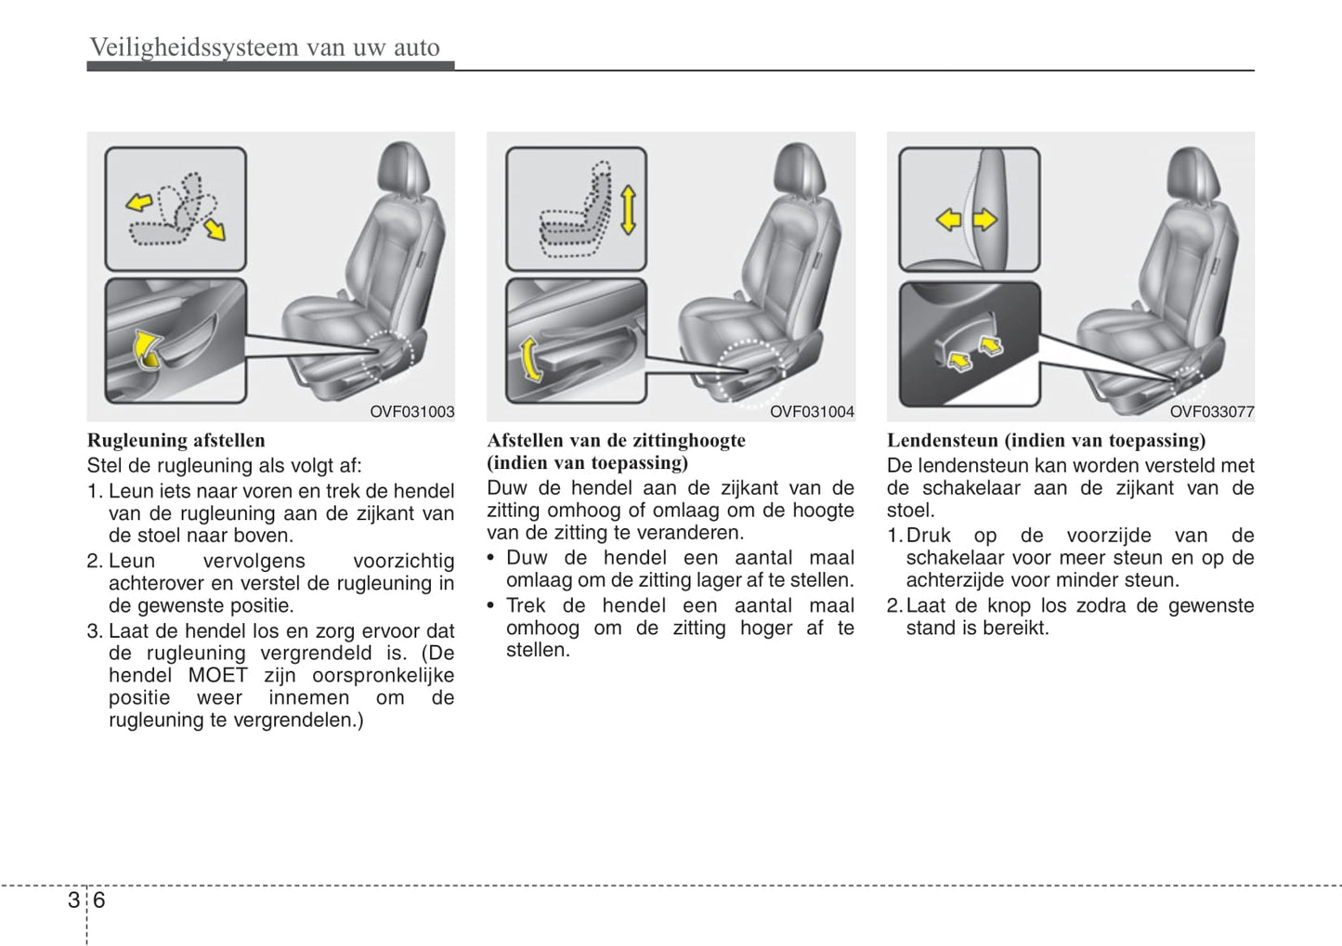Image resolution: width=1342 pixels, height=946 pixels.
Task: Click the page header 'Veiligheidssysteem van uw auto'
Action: [x=265, y=47]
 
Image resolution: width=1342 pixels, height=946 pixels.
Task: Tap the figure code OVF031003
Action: [x=411, y=412]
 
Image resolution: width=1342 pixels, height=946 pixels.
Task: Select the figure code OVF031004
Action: [x=812, y=412]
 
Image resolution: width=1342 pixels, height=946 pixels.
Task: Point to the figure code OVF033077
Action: [x=1211, y=412]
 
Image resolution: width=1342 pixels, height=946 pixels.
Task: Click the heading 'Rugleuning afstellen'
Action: [x=176, y=440]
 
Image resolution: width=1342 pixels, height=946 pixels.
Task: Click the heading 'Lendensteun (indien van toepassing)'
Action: [x=1046, y=440]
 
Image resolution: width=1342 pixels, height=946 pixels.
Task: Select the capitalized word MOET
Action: [x=218, y=675]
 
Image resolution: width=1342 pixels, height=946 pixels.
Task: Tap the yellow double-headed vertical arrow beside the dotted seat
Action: [x=629, y=209]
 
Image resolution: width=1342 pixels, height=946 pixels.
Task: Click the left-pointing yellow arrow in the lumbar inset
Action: [x=948, y=220]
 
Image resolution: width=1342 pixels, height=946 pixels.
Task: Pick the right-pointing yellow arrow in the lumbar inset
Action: [x=984, y=220]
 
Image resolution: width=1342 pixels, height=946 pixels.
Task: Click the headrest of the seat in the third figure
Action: [x=1195, y=172]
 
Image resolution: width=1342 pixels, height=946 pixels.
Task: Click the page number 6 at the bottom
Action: [x=99, y=900]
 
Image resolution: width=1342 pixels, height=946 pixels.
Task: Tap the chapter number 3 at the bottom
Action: [x=73, y=900]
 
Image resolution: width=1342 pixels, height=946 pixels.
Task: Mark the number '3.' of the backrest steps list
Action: [x=95, y=631]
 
